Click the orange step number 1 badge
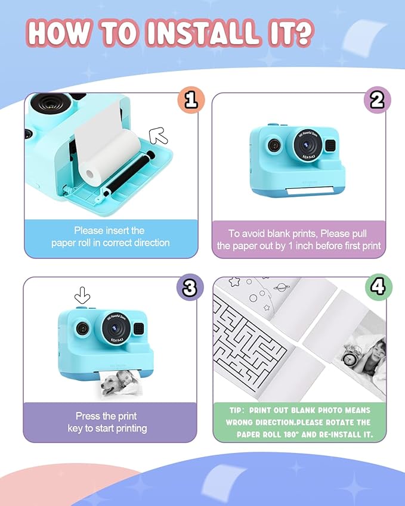point(190,100)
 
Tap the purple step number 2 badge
point(376,100)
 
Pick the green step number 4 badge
point(377,287)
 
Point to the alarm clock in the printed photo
point(350,358)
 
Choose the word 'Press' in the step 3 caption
point(88,416)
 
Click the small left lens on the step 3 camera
point(81,328)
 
